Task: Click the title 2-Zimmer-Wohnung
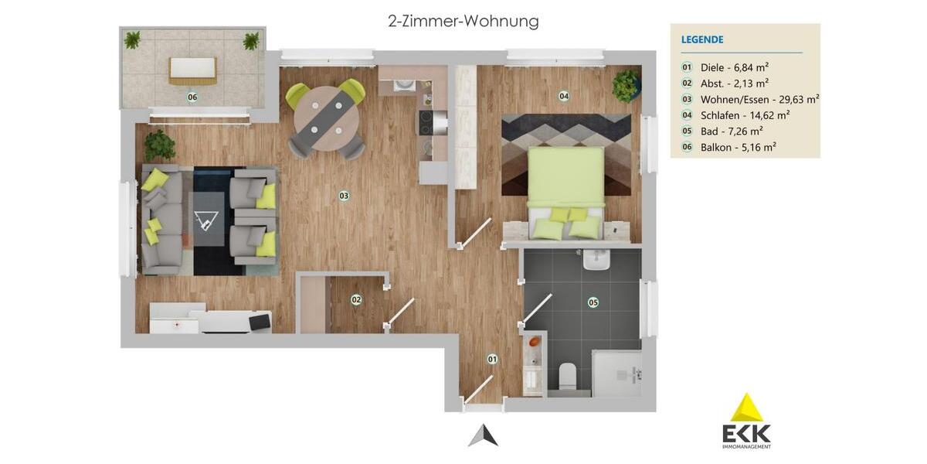[x=463, y=21]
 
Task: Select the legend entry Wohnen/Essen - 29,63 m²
[x=759, y=99]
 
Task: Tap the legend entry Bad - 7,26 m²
[x=731, y=131]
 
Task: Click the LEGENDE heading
[x=702, y=39]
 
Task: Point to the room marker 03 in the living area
[x=344, y=196]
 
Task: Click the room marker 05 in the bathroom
[x=593, y=302]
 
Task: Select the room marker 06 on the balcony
[x=192, y=97]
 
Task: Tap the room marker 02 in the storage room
[x=356, y=299]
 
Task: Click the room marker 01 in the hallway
[x=492, y=359]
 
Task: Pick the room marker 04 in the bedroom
[x=564, y=96]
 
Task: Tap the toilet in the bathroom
[x=568, y=376]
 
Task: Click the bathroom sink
[x=596, y=261]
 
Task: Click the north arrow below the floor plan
[x=483, y=436]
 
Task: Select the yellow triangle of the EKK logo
[x=746, y=408]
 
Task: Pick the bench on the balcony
[x=192, y=70]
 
